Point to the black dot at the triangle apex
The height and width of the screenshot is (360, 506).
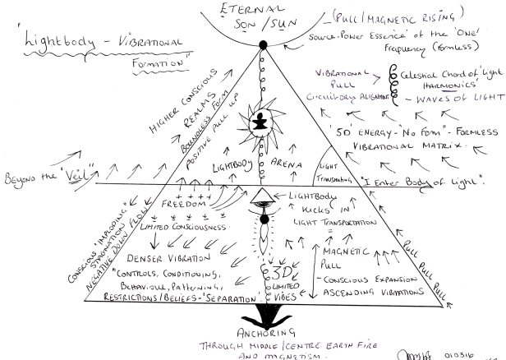(x=263, y=44)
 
